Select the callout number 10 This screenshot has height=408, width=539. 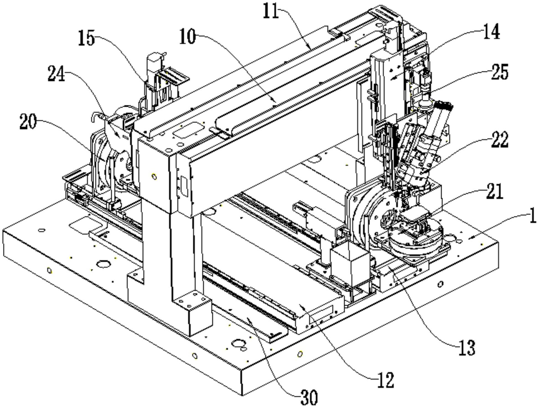point(188,37)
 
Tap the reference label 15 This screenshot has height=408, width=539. point(86,38)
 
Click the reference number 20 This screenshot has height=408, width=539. point(28,122)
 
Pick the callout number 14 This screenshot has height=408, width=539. point(491,32)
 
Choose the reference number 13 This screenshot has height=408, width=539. point(467,348)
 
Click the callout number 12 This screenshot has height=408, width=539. point(385,380)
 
